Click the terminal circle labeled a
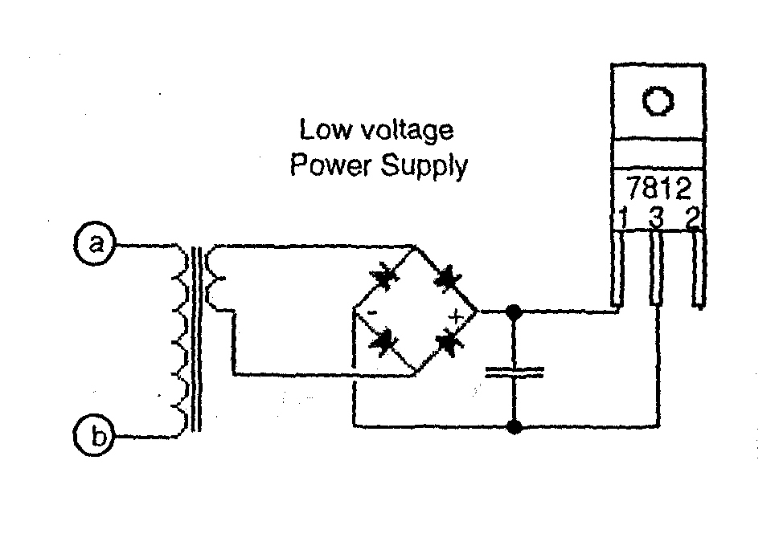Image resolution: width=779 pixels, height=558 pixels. (x=96, y=243)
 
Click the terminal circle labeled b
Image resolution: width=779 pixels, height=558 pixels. (x=96, y=437)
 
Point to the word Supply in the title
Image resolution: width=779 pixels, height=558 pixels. (x=424, y=168)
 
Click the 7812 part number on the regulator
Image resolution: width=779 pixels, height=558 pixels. (x=658, y=189)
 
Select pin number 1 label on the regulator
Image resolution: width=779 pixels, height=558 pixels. (x=623, y=218)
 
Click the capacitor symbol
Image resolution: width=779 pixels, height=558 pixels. (x=515, y=371)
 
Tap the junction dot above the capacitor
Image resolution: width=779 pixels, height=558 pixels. (x=515, y=310)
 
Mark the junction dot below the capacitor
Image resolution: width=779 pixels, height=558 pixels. (x=515, y=426)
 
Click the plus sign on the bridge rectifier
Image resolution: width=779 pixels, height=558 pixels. (x=457, y=316)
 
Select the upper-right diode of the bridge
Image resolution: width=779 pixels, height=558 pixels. (x=445, y=279)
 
